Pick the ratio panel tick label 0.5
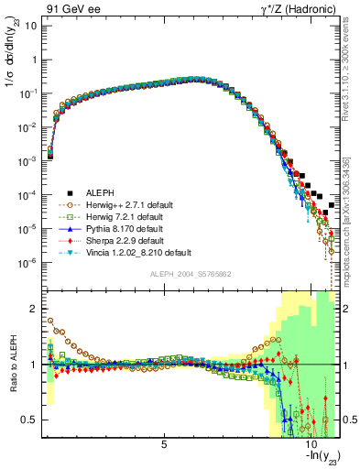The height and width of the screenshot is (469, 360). (30, 420)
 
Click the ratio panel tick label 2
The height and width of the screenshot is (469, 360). (35, 309)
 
